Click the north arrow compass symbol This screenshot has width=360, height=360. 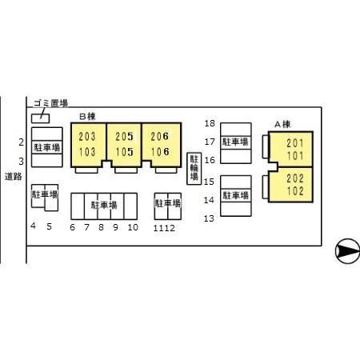point(347,251)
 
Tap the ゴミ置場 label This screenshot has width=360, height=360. point(50,103)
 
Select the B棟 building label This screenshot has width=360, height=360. point(87,117)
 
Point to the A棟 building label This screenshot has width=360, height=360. point(282,124)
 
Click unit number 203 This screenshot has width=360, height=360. point(87,137)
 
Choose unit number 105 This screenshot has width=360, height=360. point(124,152)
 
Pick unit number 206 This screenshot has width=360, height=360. point(160,137)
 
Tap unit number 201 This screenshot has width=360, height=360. point(295,143)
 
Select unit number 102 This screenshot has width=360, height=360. point(295,191)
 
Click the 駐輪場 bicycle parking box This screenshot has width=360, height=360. point(194,169)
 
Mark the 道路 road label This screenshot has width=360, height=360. point(13,177)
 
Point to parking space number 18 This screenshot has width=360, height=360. point(210,123)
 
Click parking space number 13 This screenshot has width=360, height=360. point(209,218)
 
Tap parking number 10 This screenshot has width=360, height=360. point(133,227)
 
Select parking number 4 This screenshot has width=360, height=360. point(33,226)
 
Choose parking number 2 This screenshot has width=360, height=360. point(22,142)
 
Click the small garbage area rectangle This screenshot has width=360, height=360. point(40,118)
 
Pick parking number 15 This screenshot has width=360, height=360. point(209,182)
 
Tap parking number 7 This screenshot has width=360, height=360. point(86,227)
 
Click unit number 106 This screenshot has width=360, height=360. point(160,152)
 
